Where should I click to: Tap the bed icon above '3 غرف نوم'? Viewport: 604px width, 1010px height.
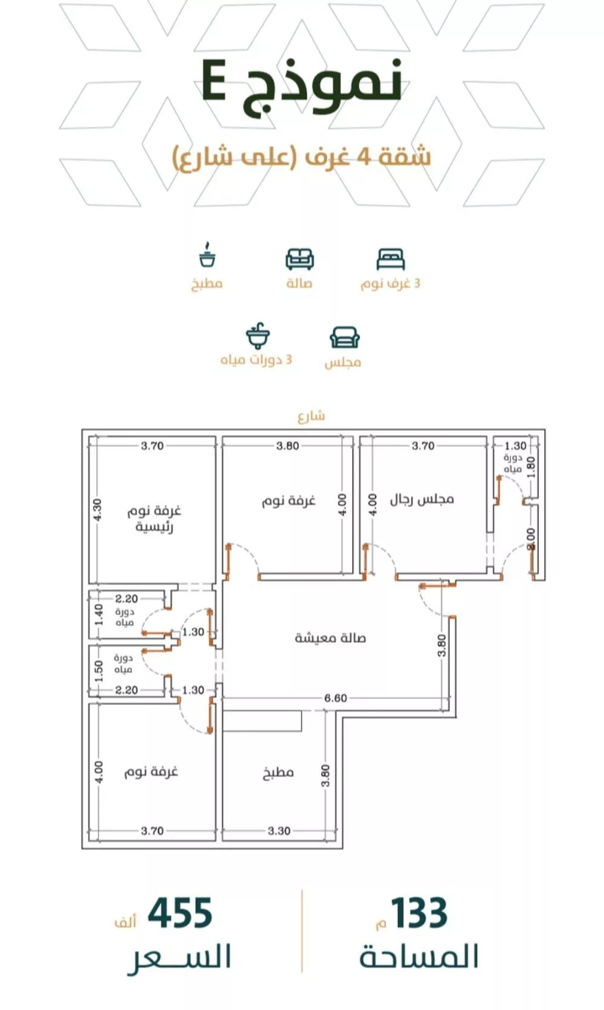[x=390, y=259]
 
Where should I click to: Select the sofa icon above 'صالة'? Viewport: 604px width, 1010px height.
[x=300, y=259]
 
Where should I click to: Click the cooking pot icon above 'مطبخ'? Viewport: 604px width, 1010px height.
[x=207, y=255]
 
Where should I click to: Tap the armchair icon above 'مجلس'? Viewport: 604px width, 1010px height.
[x=344, y=337]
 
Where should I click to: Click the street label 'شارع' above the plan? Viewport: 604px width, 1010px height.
[x=311, y=416]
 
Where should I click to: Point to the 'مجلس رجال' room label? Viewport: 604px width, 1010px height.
[x=422, y=499]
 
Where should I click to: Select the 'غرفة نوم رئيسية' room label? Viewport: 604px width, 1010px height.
[x=154, y=519]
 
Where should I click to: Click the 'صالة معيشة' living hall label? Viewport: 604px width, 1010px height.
[x=330, y=638]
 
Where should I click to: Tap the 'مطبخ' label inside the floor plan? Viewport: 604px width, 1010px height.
[x=278, y=772]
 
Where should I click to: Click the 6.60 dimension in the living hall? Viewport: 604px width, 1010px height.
[x=335, y=698]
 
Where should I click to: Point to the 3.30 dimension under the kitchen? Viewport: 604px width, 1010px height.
[x=278, y=831]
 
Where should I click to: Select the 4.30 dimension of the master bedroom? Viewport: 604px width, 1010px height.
[x=98, y=509]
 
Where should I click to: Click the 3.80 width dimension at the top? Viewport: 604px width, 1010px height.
[x=288, y=446]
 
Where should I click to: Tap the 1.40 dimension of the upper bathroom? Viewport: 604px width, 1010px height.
[x=99, y=615]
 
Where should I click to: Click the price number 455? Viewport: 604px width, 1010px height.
[x=180, y=913]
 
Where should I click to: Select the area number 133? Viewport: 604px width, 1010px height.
[x=419, y=913]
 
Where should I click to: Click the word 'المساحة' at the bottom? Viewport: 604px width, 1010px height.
[x=419, y=957]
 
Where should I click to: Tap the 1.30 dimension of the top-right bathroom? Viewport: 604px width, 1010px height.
[x=515, y=446]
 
